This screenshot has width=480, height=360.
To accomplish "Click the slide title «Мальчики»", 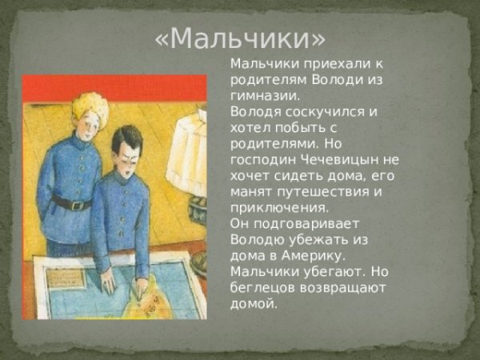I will click(241, 37).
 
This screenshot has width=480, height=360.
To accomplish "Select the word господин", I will click(258, 159).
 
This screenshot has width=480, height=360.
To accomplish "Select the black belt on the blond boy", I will click(72, 202).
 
